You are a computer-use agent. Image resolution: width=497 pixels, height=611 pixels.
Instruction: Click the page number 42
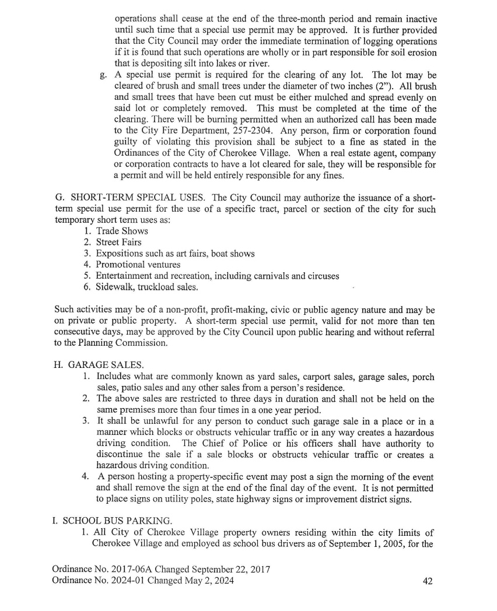[x=427, y=581]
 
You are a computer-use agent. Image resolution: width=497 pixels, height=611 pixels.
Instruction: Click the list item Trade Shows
[x=122, y=231]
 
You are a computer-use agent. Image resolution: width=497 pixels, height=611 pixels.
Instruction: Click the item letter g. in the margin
[x=103, y=75]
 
